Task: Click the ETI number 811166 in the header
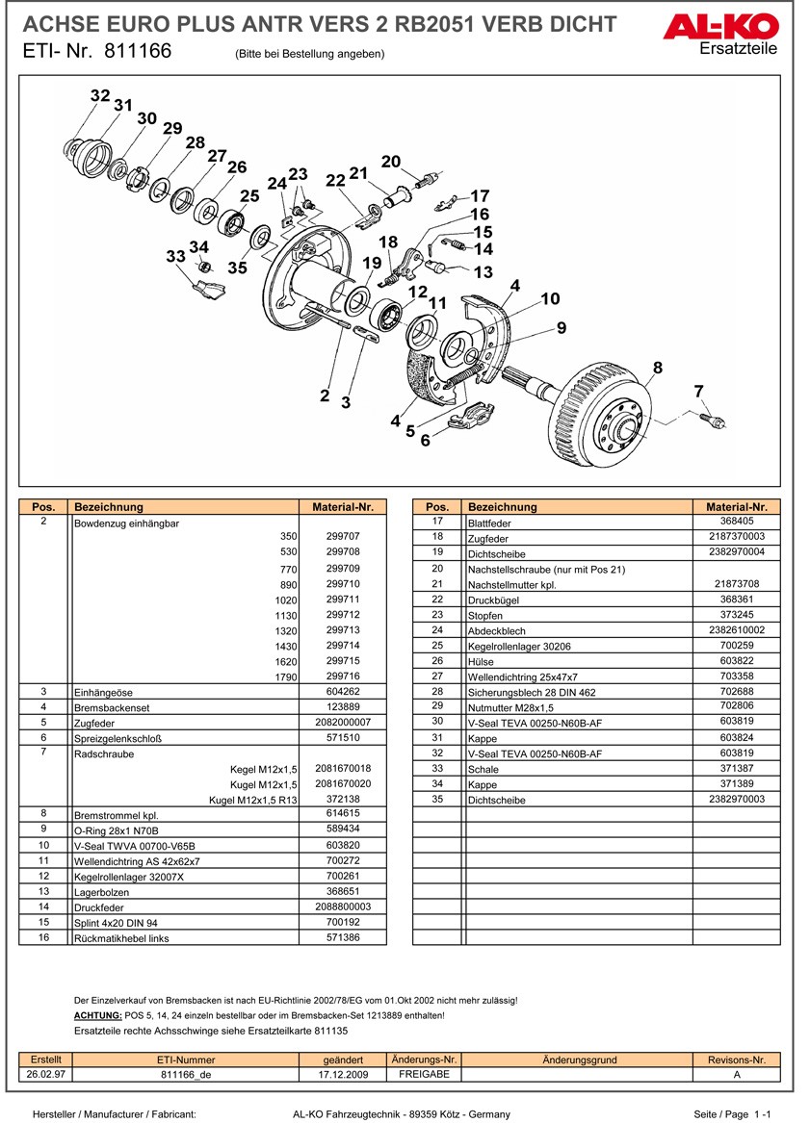[x=133, y=52]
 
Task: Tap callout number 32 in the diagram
[x=100, y=95]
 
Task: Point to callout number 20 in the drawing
[x=390, y=161]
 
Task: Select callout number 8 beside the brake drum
[x=658, y=367]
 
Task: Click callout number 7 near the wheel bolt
[x=698, y=390]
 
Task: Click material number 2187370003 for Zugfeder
[x=736, y=536]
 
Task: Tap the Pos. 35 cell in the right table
[x=437, y=799]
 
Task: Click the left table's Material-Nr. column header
[x=343, y=507]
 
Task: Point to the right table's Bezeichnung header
[x=502, y=507]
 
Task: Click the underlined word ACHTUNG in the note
[x=97, y=1015]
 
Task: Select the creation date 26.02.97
[x=47, y=1075]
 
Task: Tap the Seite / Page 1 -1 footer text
[x=732, y=1113]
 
